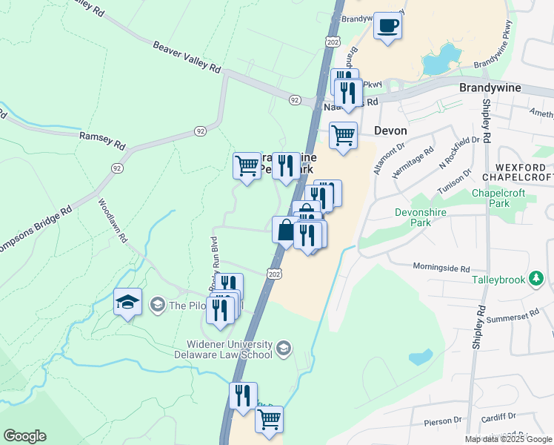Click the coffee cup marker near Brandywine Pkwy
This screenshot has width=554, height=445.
(388, 27)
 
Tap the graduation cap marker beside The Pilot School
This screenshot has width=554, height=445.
(127, 303)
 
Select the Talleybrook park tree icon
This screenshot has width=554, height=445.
(538, 280)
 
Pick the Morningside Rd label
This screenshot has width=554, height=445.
(441, 268)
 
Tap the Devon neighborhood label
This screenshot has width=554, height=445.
(391, 130)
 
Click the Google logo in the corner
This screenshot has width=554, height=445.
(24, 435)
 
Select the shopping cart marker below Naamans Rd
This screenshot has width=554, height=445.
(343, 136)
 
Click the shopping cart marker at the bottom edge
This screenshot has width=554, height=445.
(269, 419)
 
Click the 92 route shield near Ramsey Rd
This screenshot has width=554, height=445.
(200, 131)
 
